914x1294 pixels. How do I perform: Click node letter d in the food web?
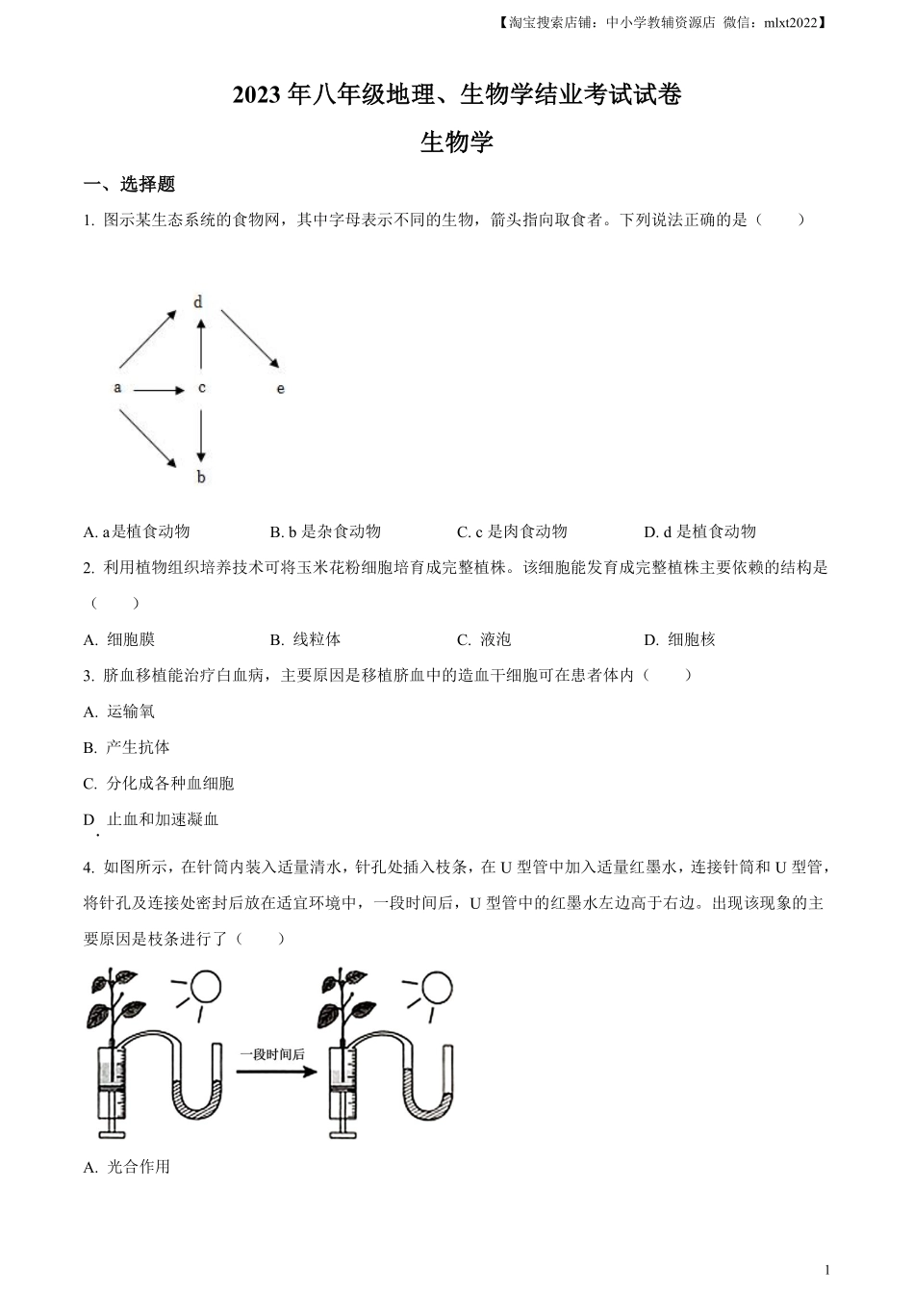198,302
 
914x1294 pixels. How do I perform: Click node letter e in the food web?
281,389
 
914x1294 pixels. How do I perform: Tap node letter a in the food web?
117,388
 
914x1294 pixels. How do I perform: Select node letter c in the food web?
201,388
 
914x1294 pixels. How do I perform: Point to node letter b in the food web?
201,477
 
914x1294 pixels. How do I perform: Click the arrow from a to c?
159,390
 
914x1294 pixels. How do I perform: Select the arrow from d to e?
250,338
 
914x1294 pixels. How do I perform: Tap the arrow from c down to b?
201,434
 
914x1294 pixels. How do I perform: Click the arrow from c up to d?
201,345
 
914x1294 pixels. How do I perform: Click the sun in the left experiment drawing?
205,986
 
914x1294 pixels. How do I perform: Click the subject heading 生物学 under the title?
457,142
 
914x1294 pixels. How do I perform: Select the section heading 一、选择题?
129,185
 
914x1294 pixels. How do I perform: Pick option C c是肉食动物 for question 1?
512,531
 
